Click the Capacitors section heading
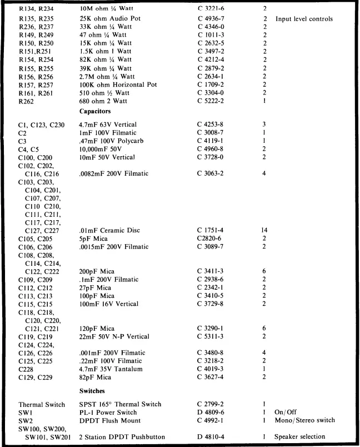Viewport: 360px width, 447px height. click(x=98, y=111)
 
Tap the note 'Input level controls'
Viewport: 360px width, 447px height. click(x=304, y=19)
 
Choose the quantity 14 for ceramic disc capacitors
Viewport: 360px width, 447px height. click(x=264, y=230)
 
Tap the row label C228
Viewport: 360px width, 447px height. click(x=26, y=369)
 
